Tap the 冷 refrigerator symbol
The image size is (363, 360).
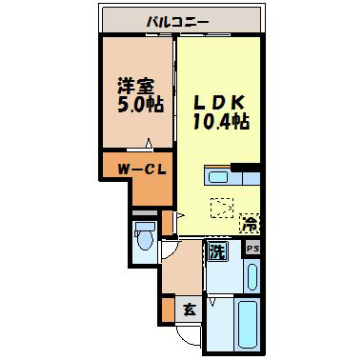pos(249,226)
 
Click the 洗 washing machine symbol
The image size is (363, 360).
pos(218,253)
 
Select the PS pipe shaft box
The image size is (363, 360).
pos(252,249)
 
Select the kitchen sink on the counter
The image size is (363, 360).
pos(218,176)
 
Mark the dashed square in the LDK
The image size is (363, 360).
pos(220,207)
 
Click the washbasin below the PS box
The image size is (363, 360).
pos(252,277)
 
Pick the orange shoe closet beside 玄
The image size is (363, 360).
pos(168,309)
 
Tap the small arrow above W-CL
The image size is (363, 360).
pos(148,146)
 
